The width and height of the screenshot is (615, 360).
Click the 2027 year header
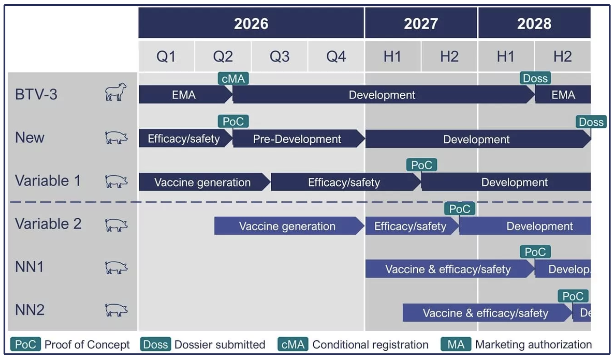point(420,23)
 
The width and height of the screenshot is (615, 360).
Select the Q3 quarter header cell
point(280,57)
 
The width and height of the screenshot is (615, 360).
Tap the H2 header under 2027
point(449,57)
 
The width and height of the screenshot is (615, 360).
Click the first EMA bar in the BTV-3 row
point(184,95)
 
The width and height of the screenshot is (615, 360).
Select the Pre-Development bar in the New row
point(297,139)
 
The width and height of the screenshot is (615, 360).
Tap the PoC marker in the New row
point(233,121)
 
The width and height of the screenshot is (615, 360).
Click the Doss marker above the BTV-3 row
point(535,78)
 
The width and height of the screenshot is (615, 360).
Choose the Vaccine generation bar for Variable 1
point(202,182)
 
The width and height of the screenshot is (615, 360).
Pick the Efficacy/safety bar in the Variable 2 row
point(410,226)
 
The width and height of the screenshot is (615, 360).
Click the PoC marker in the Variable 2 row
point(459,209)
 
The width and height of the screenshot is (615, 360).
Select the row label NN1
point(29,267)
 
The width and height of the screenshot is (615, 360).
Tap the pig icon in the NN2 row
point(116,310)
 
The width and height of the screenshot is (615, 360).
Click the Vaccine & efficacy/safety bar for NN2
point(485,313)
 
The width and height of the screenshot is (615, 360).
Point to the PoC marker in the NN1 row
point(535,252)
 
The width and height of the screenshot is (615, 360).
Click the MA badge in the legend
point(455,344)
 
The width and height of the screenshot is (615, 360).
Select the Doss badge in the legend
point(156,344)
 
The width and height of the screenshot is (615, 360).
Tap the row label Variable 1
point(48,181)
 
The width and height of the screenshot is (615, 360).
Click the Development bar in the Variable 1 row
point(514,182)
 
